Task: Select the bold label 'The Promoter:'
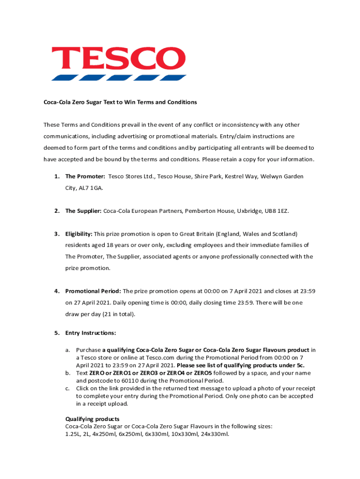tap(85, 176)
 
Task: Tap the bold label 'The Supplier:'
tap(83, 211)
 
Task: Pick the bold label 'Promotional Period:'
tap(93, 291)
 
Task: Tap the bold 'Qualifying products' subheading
tap(92, 419)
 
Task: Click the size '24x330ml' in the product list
tap(215, 434)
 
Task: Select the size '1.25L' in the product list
tap(72, 434)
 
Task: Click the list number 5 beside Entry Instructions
tap(56, 333)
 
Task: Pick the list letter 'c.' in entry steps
tap(68, 388)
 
